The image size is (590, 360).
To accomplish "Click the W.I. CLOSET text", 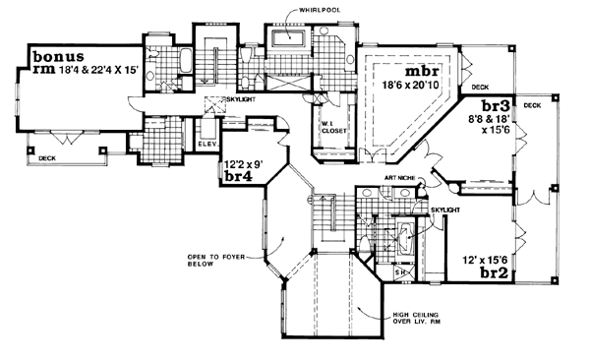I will (326, 128).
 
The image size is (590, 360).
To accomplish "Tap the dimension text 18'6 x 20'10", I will (418, 88).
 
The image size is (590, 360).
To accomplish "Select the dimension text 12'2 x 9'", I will (241, 164).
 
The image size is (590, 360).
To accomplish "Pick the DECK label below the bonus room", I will (45, 157).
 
